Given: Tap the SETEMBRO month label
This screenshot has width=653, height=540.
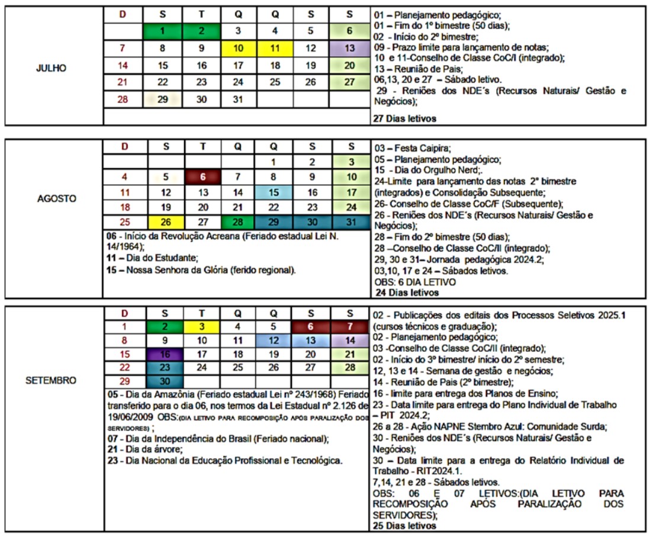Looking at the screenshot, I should pyautogui.click(x=50, y=380).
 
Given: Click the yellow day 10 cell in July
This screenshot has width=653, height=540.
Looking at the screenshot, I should pyautogui.click(x=237, y=49).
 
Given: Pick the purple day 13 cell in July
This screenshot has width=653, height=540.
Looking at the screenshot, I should pyautogui.click(x=349, y=49).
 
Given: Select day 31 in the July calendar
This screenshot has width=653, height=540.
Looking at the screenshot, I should pyautogui.click(x=237, y=99).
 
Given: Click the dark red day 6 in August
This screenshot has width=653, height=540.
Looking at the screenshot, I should pyautogui.click(x=202, y=176).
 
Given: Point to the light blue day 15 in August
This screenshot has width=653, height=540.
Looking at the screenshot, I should pyautogui.click(x=274, y=192).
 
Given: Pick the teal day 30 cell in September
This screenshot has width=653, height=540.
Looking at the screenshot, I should pyautogui.click(x=166, y=381).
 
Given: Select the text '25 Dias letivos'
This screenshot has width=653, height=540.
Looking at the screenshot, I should pyautogui.click(x=404, y=525).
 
